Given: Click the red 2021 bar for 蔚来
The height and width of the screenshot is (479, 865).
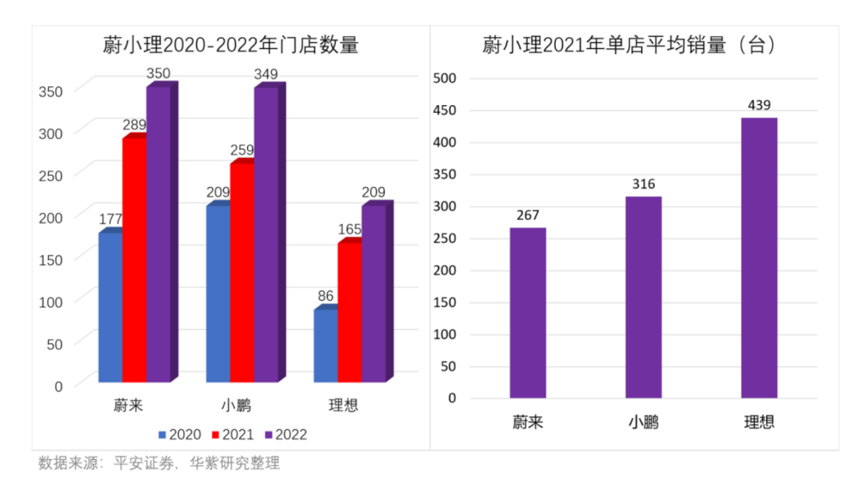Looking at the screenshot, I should [134, 258].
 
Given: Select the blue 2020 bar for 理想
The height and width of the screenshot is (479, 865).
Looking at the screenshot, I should [325, 345].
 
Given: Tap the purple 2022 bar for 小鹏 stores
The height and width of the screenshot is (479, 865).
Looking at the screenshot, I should [266, 233].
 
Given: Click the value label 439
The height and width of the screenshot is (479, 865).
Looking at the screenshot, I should [758, 104].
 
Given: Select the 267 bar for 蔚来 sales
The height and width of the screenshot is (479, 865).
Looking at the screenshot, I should [528, 313].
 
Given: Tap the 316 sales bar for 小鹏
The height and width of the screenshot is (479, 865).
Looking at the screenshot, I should [644, 297].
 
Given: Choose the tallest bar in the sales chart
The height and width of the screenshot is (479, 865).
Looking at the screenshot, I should [758, 258].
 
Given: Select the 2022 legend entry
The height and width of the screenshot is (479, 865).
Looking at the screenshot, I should [285, 434].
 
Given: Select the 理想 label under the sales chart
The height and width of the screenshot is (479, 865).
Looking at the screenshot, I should [758, 422].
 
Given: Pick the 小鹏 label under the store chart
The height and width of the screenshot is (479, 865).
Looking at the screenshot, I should [236, 406].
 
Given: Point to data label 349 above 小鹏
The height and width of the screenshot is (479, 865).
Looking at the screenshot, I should [266, 74].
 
